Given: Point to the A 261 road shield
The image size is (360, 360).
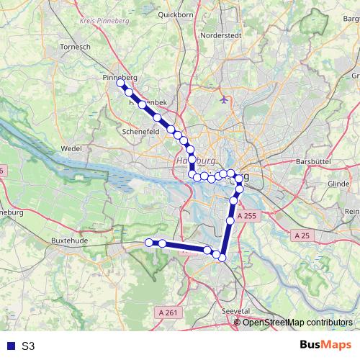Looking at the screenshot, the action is (x=166, y=312).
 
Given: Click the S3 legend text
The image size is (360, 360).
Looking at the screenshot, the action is (x=28, y=346).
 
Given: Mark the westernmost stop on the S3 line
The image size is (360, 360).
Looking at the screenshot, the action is (x=150, y=243).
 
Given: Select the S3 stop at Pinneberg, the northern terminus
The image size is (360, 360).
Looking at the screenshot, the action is (x=121, y=84).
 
